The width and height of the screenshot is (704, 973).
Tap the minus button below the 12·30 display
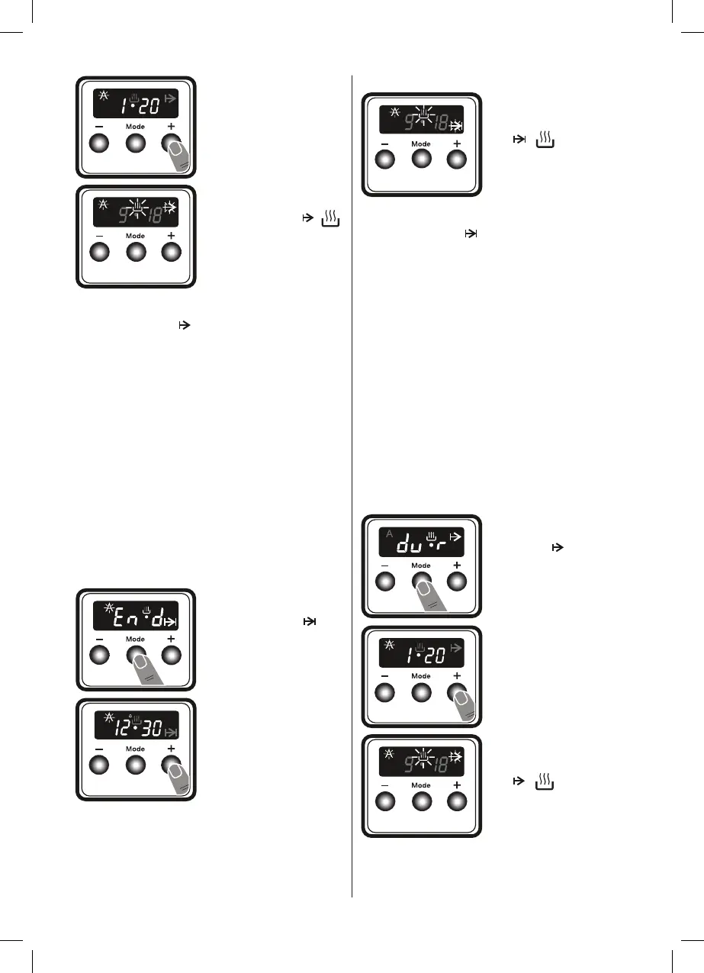[x=99, y=765]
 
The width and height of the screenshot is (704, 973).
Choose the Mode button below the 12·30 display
[x=135, y=765]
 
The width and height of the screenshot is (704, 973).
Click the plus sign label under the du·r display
[x=456, y=565]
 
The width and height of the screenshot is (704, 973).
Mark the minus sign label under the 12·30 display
[x=99, y=749]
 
